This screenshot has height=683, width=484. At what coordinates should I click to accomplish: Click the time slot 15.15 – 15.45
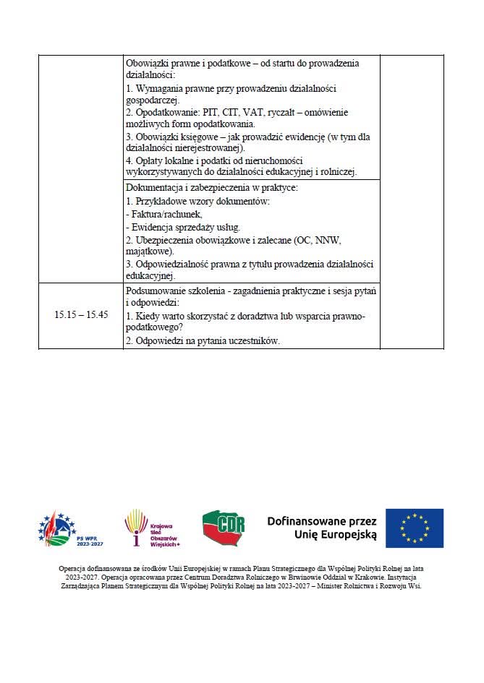81,315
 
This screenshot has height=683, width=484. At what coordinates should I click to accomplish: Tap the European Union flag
414,528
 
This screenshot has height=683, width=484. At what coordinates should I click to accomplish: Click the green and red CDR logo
224,528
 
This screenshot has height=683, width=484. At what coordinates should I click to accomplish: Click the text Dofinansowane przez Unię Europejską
322,528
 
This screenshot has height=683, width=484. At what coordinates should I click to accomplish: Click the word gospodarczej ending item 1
153,100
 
